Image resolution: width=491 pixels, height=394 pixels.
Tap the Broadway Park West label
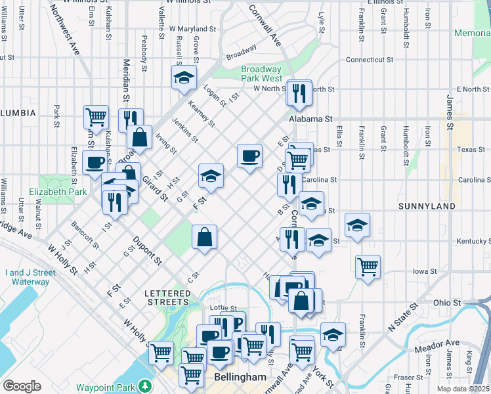tap(261, 74)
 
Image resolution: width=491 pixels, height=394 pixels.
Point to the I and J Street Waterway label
tap(27, 277)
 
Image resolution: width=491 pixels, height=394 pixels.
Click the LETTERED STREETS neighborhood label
tap(167, 297)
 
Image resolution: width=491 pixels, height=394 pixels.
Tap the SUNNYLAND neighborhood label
tap(427, 206)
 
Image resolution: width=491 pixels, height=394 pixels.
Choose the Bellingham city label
tap(240, 378)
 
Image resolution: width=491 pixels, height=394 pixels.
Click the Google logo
tap(22, 385)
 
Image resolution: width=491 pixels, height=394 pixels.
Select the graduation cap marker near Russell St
tap(184, 77)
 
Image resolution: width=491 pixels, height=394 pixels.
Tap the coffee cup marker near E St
tap(249, 156)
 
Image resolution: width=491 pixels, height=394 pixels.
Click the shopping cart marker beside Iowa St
tap(368, 267)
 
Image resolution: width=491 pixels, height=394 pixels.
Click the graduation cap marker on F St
tap(211, 175)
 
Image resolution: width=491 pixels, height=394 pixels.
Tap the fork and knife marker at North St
tap(299, 93)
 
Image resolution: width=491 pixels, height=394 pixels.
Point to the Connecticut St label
tap(370, 59)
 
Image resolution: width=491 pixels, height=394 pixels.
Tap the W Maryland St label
tap(192, 29)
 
